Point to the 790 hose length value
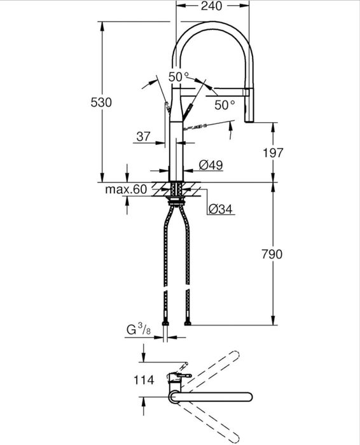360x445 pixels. pyautogui.click(x=272, y=254)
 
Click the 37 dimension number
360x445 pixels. pyautogui.click(x=143, y=135)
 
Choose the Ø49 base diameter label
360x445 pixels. pyautogui.click(x=210, y=165)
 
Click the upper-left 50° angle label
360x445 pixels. pyautogui.click(x=179, y=76)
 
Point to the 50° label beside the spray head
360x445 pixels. pyautogui.click(x=225, y=105)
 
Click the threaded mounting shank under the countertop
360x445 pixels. pyautogui.click(x=177, y=191)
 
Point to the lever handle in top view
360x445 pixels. pyautogui.click(x=181, y=375)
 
